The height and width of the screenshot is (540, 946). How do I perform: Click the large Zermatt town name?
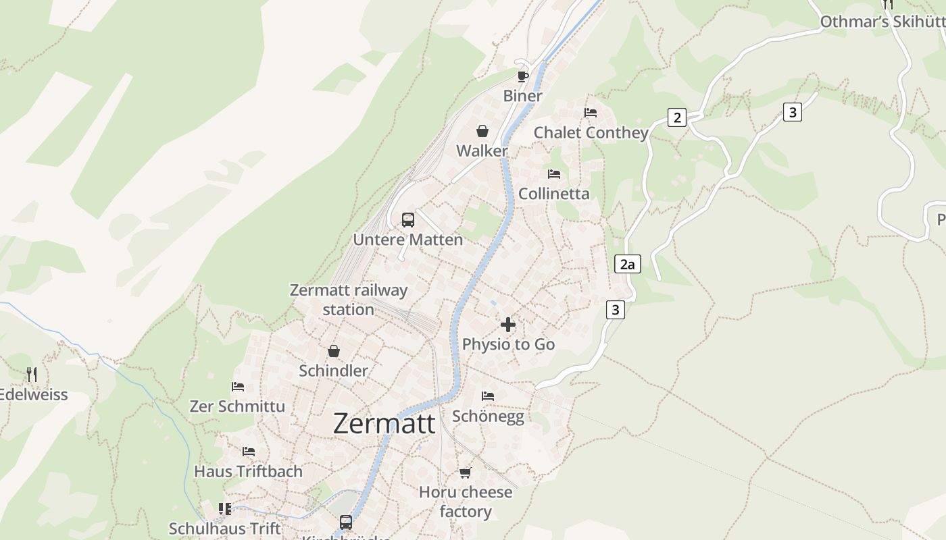[x=384, y=423]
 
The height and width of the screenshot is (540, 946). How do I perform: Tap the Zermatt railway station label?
[x=349, y=300]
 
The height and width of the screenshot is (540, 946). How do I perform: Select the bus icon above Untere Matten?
[x=408, y=219]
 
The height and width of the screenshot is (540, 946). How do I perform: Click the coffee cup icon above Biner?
[x=522, y=76]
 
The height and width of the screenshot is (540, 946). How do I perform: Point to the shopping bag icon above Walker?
[x=482, y=130]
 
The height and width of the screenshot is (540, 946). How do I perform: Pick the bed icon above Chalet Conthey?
[x=591, y=112]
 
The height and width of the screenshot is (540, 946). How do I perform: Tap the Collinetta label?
[x=553, y=194]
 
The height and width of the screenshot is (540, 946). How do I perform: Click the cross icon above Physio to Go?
[x=508, y=325]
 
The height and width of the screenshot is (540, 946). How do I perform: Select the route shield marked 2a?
[x=628, y=264]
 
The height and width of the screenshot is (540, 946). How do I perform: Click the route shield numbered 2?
[x=676, y=117]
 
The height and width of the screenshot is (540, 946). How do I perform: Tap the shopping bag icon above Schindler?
[x=334, y=351]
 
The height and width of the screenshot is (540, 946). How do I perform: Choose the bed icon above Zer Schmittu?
[x=238, y=387]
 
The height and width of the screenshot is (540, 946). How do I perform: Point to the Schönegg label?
[x=488, y=416]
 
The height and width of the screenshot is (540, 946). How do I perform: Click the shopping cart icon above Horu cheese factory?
[x=465, y=473]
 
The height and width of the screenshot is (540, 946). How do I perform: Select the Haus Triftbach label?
[x=248, y=471]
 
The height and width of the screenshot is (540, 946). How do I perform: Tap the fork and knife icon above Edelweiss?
[x=32, y=374]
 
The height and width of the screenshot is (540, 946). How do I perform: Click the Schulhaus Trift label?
[x=224, y=529]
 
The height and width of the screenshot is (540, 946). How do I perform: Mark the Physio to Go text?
[x=508, y=344]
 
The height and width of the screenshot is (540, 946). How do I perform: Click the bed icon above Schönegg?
[x=488, y=396]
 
